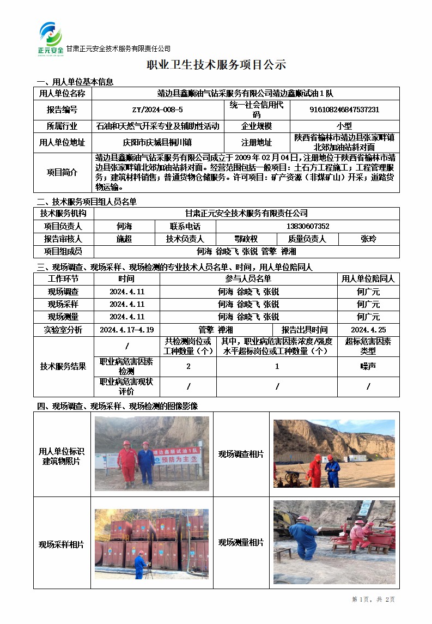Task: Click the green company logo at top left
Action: (51, 38)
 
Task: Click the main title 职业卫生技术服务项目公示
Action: (216, 65)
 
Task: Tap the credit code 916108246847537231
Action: (344, 110)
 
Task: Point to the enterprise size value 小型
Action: (344, 126)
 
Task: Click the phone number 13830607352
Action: (308, 226)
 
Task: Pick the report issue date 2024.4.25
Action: (368, 330)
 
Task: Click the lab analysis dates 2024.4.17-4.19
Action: (127, 330)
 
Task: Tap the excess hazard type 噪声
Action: (368, 366)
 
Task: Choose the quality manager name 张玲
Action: (368, 239)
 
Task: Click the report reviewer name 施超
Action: (124, 239)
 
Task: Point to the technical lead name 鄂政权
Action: (246, 239)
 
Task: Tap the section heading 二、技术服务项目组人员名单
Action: (86, 202)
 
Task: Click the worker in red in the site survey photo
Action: (315, 469)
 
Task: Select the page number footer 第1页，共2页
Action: (374, 599)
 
